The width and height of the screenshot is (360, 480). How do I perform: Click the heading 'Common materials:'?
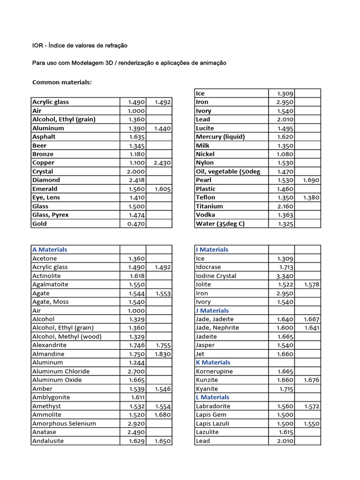[62, 82]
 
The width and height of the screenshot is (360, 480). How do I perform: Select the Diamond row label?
[46, 180]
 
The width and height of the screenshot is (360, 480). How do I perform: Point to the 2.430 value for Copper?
[162, 163]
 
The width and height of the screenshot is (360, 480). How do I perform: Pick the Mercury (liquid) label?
[220, 137]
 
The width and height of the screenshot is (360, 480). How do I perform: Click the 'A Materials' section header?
[50, 250]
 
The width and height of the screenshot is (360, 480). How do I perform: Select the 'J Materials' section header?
[212, 311]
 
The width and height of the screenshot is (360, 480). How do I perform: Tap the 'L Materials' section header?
[212, 397]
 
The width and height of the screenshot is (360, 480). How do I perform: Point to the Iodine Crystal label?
[216, 276]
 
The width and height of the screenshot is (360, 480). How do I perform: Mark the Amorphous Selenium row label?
[64, 424]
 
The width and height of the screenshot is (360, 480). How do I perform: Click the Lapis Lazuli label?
[212, 424]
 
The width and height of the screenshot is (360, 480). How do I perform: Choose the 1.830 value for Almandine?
[162, 354]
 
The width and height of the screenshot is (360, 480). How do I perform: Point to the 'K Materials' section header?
[213, 363]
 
